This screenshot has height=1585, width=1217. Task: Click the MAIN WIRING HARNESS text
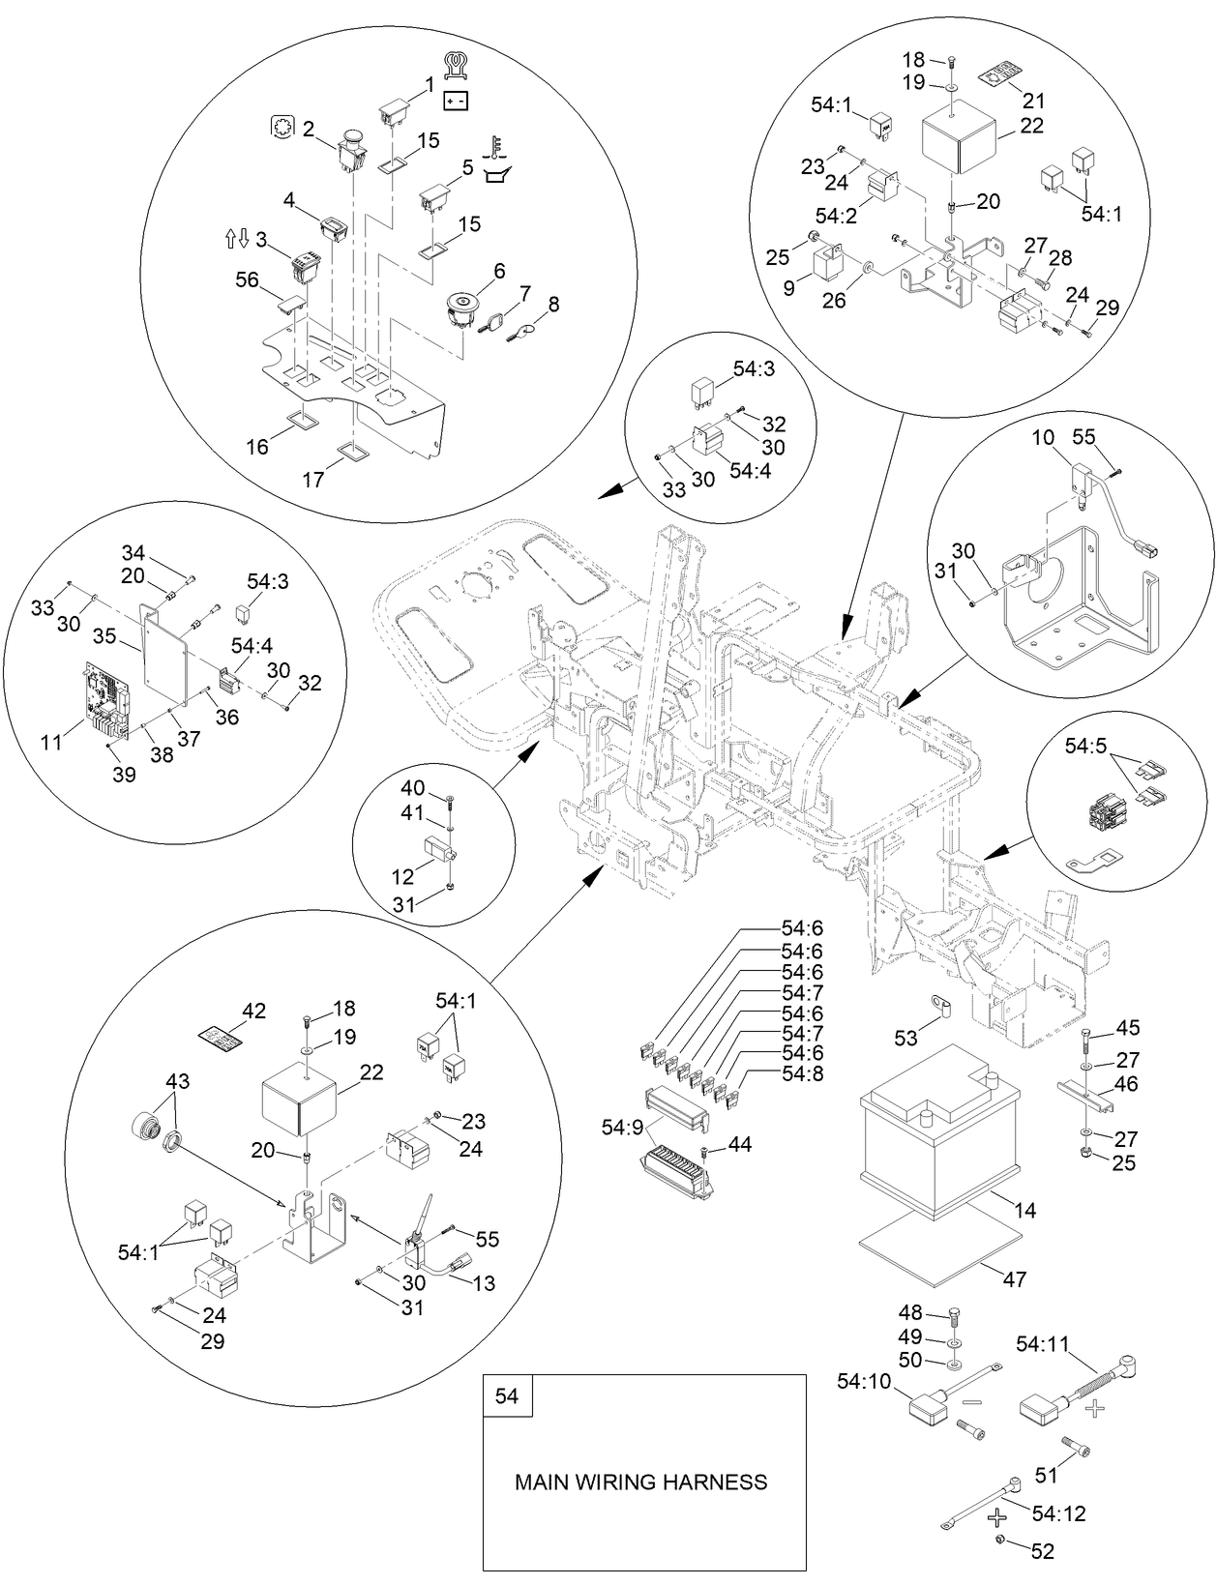click(x=640, y=1482)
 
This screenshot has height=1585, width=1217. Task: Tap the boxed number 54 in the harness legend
click(x=507, y=1396)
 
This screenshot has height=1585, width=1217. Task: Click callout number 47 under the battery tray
click(x=1013, y=1278)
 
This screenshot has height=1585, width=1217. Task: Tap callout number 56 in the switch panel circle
click(x=248, y=279)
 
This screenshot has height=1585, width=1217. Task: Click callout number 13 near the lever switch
click(x=484, y=1282)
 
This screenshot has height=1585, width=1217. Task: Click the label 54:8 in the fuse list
click(x=802, y=1072)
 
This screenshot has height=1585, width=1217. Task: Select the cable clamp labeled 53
click(x=939, y=1009)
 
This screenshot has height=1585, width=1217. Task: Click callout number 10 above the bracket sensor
click(x=1042, y=438)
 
